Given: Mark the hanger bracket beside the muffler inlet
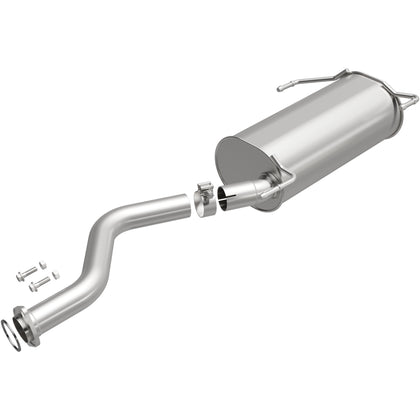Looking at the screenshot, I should pyautogui.click(x=282, y=178).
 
